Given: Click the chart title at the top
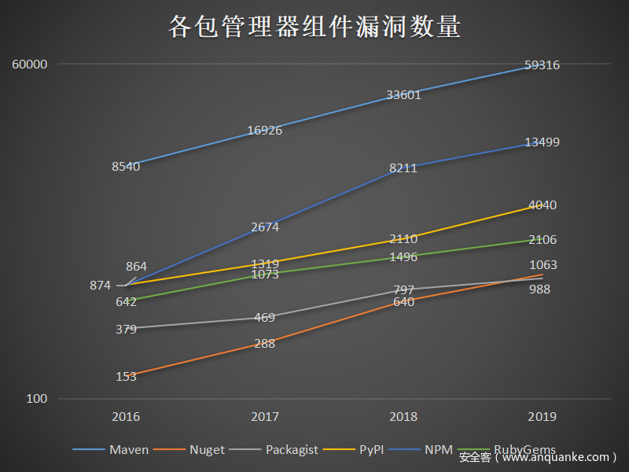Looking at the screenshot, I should pyautogui.click(x=314, y=27).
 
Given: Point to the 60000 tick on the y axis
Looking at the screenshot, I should pyautogui.click(x=30, y=64).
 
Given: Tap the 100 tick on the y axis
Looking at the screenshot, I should pyautogui.click(x=37, y=399).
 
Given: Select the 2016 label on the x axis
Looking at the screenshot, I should pyautogui.click(x=126, y=416).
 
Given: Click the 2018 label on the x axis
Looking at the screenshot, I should pyautogui.click(x=403, y=416).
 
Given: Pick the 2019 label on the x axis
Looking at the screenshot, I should pyautogui.click(x=543, y=416).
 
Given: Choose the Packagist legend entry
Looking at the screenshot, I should pyautogui.click(x=292, y=450).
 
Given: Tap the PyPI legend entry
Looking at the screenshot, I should pyautogui.click(x=371, y=450).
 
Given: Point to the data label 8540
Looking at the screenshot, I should pyautogui.click(x=126, y=166).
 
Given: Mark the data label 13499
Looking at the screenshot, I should pyautogui.click(x=543, y=142).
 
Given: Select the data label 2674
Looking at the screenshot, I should pyautogui.click(x=265, y=227).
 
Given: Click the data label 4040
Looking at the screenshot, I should pyautogui.click(x=543, y=205).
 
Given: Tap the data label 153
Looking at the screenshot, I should pyautogui.click(x=126, y=377).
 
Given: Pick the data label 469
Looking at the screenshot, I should pyautogui.click(x=265, y=318).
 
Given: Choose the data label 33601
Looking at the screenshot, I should pyautogui.click(x=403, y=95).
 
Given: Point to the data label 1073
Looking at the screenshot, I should pyautogui.click(x=265, y=275).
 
